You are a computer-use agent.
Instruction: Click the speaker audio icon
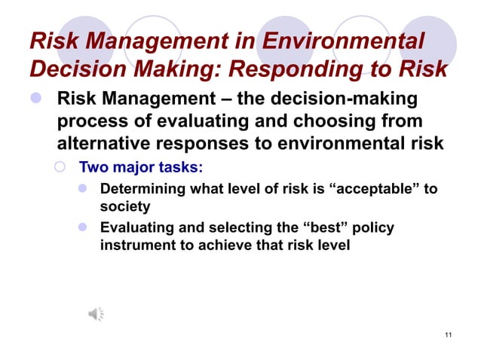click(97, 314)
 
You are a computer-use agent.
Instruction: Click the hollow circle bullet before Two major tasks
click(66, 166)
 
